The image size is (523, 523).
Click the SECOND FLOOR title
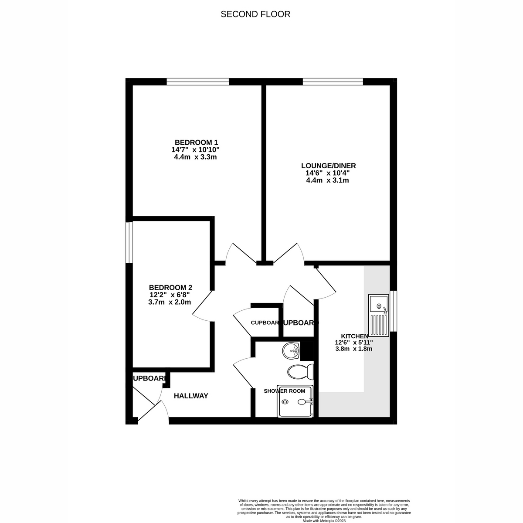[255, 14]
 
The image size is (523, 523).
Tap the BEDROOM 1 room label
[196, 142]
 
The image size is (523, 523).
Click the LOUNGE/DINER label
[329, 166]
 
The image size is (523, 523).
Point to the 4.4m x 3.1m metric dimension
[327, 180]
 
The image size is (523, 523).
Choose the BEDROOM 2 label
[170, 287]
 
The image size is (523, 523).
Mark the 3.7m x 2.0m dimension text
[170, 302]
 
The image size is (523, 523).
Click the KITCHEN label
[354, 336]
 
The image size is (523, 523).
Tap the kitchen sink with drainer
[379, 315]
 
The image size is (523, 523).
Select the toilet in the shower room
[300, 372]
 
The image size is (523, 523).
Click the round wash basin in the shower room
[291, 350]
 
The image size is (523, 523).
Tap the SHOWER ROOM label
[285, 391]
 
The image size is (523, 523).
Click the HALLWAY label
[191, 396]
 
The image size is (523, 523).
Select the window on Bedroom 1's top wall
[198, 82]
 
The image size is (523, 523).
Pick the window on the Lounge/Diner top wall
[333, 82]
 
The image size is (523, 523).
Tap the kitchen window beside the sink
[394, 311]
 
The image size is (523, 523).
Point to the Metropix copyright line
[324, 520]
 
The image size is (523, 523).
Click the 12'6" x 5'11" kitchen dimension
[353, 343]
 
